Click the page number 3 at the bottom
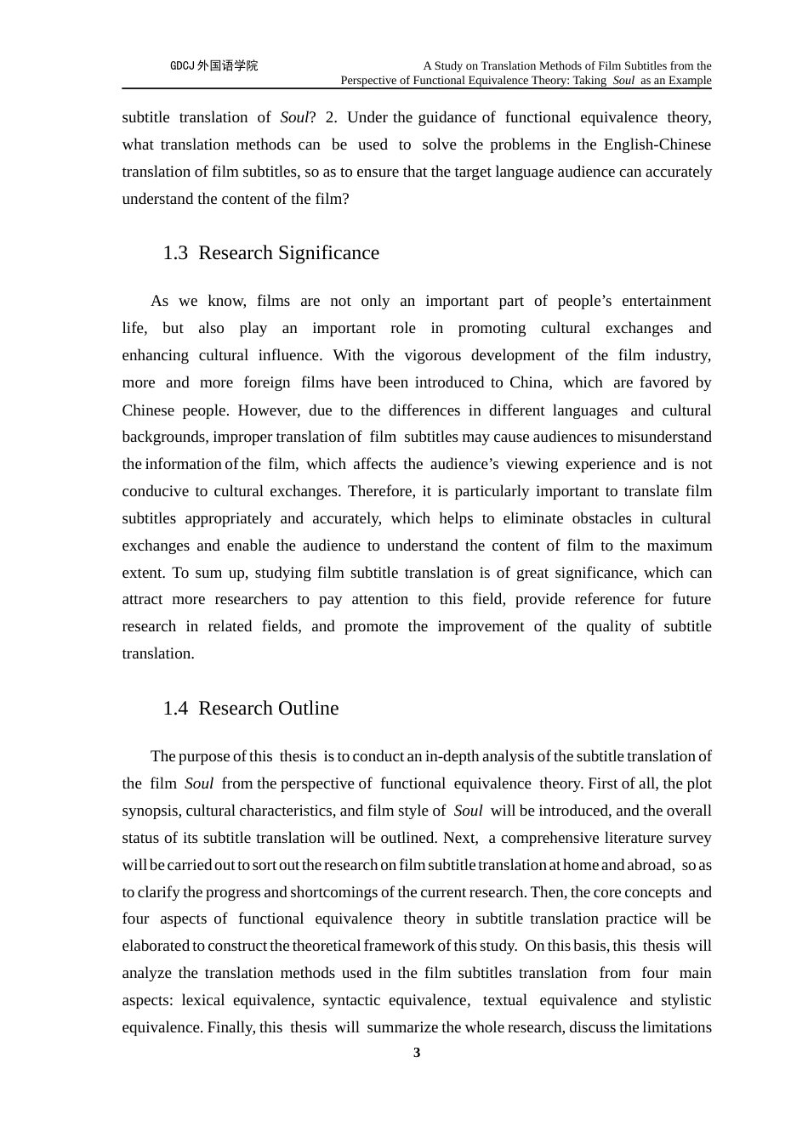417,1053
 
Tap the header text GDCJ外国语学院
213,65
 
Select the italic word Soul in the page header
623,81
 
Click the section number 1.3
175,253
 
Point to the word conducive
159,491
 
